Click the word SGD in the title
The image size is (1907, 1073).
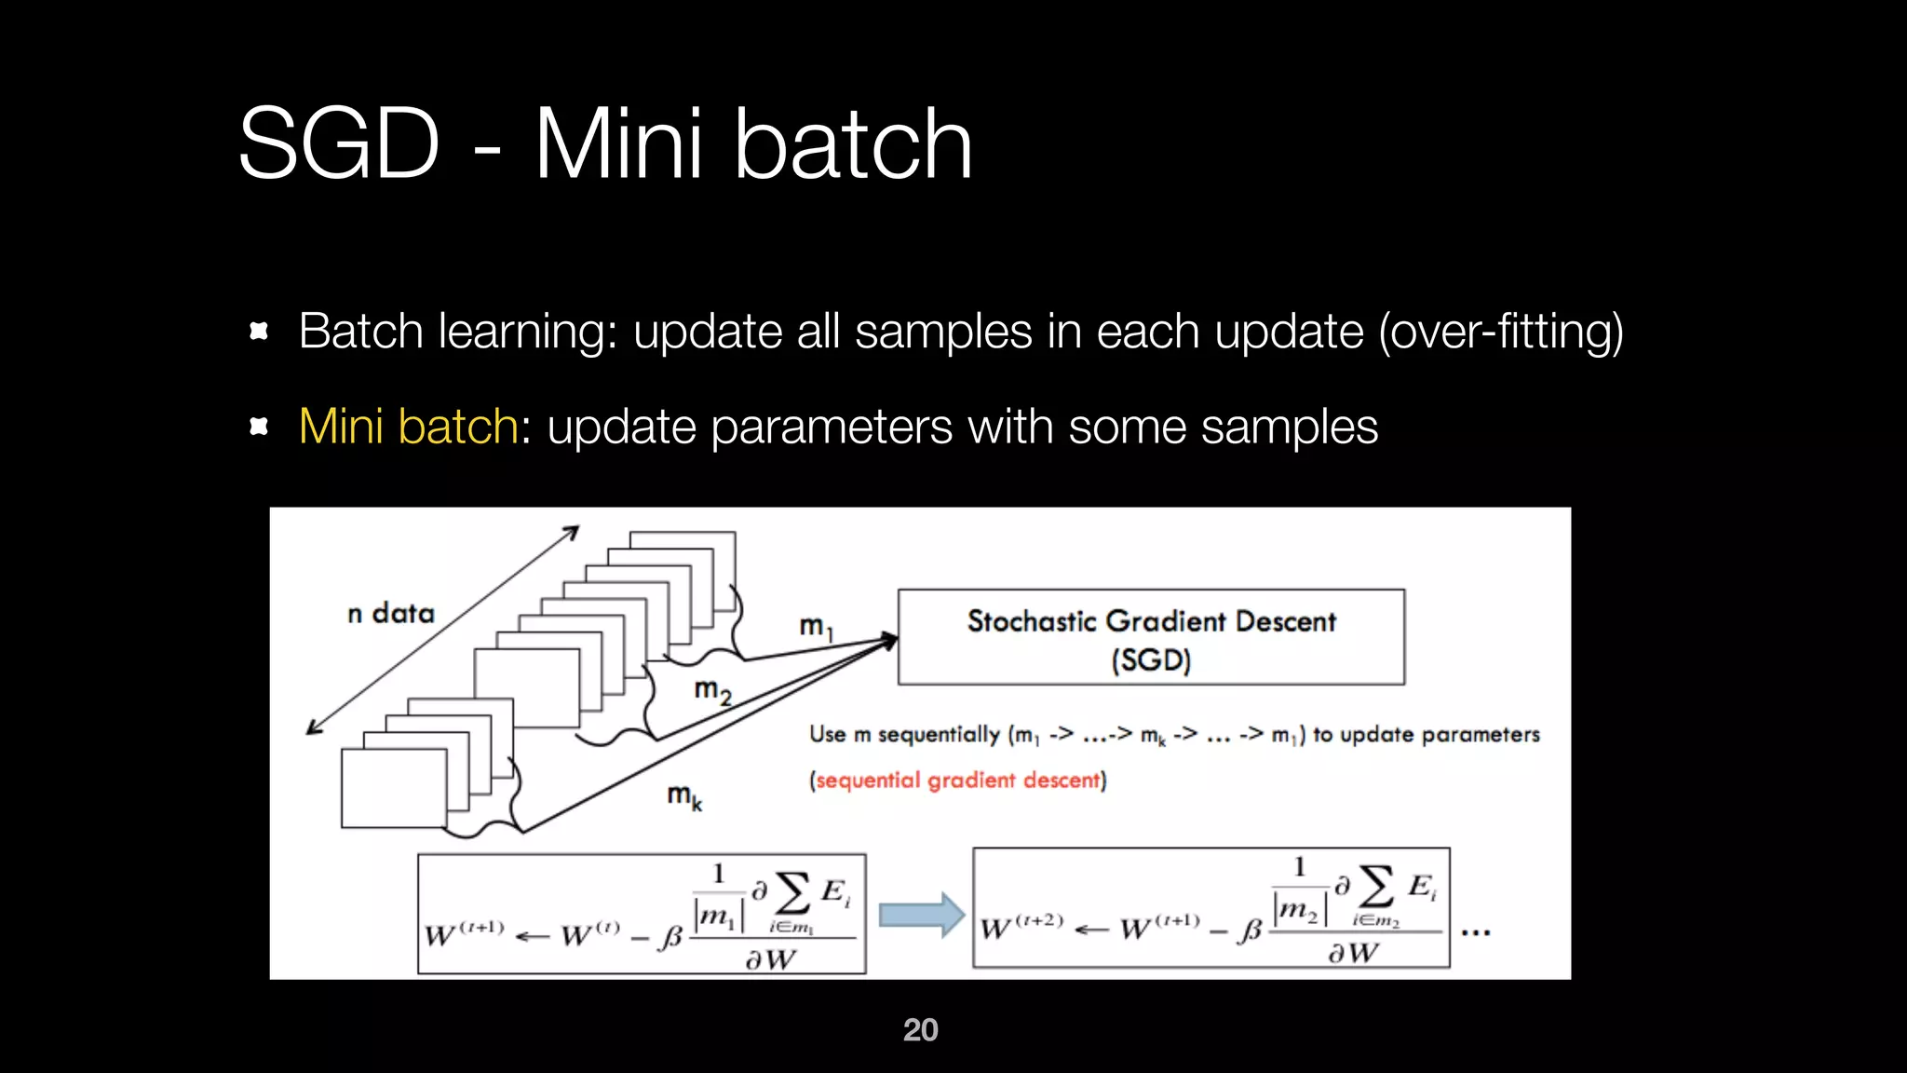coord(339,144)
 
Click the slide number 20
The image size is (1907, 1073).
coord(920,1029)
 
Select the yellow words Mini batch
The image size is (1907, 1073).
coord(408,427)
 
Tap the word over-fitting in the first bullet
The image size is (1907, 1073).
coord(1501,332)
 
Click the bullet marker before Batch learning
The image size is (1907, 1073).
coord(259,331)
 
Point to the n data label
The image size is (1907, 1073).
coord(391,614)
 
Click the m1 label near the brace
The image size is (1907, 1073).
coord(816,627)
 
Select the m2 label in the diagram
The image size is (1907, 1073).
coord(712,691)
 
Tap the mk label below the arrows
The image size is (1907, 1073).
coord(684,796)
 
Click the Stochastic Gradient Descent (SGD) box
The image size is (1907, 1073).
coord(1151,637)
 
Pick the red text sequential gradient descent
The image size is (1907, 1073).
coord(957,781)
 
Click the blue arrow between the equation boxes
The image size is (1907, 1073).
coord(921,915)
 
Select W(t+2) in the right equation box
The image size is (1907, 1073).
coord(1021,926)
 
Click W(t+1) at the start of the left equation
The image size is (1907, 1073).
coord(464,932)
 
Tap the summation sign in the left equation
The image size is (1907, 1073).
coord(792,892)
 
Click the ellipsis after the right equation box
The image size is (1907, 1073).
coord(1476,931)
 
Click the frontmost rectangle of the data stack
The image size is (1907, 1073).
coord(393,788)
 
